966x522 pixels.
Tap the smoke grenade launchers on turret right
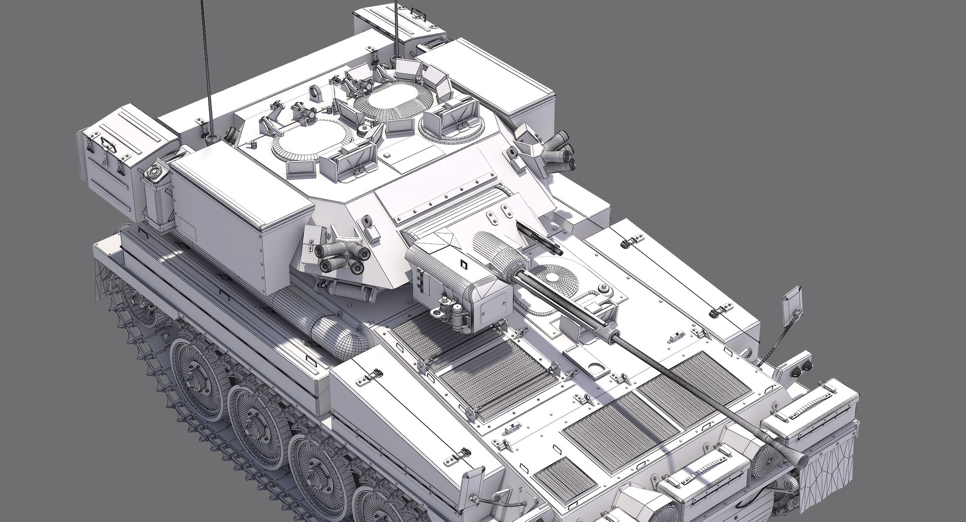pyautogui.click(x=560, y=149)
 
